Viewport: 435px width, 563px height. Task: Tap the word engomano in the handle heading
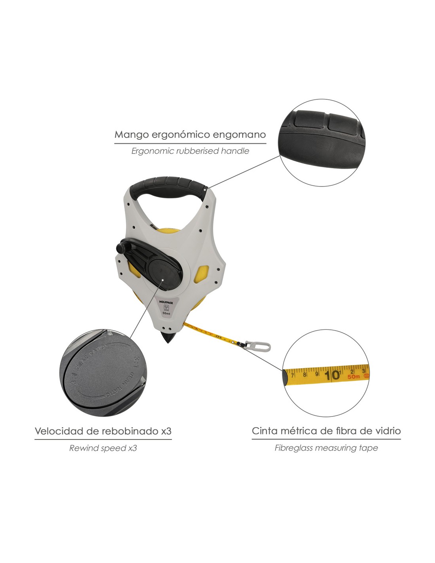(x=239, y=135)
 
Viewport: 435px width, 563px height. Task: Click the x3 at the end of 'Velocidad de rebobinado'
(x=166, y=431)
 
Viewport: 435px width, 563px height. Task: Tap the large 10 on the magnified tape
(x=333, y=375)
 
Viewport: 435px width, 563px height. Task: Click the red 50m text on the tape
(x=354, y=377)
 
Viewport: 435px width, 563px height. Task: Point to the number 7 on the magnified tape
(x=292, y=374)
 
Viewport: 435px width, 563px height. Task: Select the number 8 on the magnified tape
(x=304, y=374)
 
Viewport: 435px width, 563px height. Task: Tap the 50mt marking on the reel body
(x=166, y=313)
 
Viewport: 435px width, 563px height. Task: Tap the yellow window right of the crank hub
(x=202, y=274)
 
